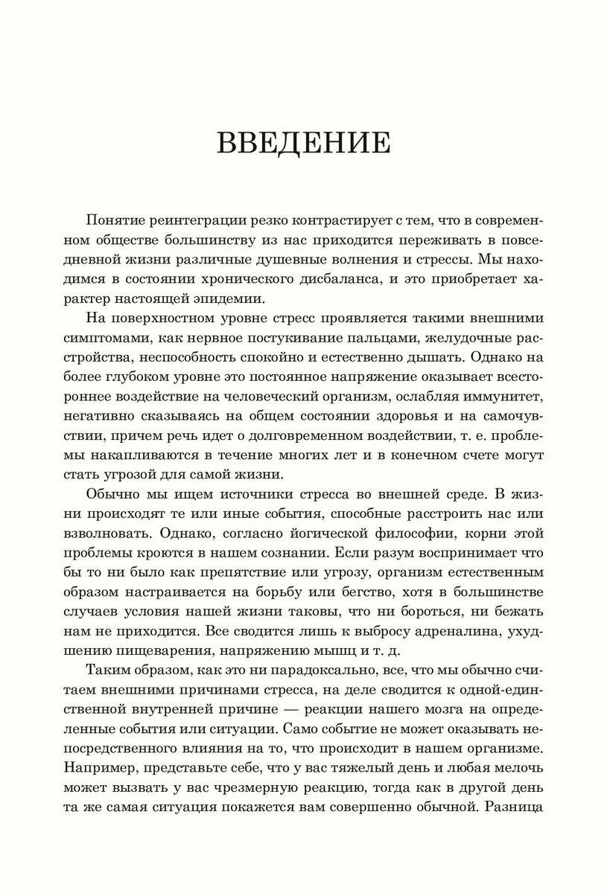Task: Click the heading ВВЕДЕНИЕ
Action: coord(304,143)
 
